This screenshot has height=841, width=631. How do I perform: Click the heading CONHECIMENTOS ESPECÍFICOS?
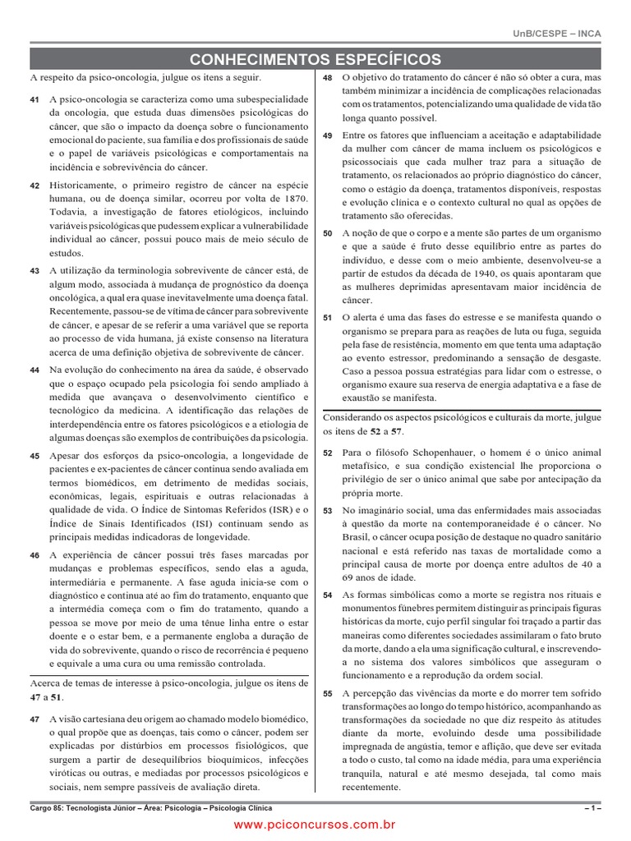click(x=315, y=59)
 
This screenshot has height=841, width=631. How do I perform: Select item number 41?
click(x=34, y=99)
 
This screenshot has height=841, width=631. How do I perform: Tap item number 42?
click(x=34, y=186)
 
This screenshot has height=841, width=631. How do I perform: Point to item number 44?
click(x=34, y=370)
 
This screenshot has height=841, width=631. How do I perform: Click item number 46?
click(x=34, y=556)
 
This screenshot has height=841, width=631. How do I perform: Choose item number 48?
click(x=327, y=77)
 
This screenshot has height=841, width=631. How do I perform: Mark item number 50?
click(x=327, y=233)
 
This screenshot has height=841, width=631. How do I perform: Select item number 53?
click(x=327, y=511)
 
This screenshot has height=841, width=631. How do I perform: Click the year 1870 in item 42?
click(x=292, y=199)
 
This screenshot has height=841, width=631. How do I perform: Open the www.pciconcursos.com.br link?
click(x=315, y=824)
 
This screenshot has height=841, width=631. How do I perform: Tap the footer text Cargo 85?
click(x=48, y=808)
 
